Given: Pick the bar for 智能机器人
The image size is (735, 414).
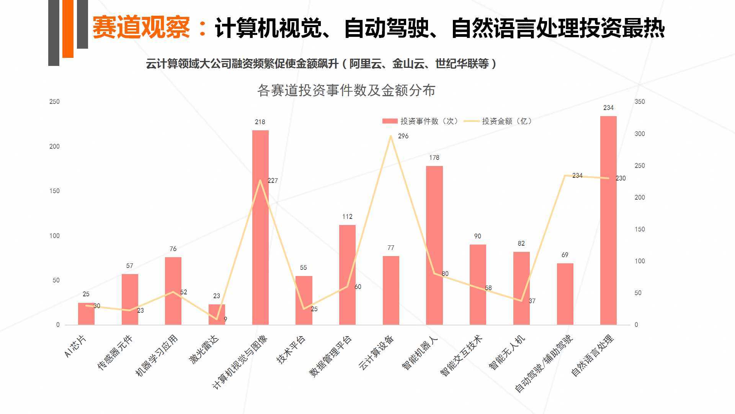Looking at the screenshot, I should tap(434, 245).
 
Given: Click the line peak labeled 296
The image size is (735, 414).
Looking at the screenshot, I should tap(390, 136).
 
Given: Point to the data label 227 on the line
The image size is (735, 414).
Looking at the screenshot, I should tap(273, 181).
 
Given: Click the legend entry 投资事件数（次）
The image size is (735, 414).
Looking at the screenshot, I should tap(420, 121).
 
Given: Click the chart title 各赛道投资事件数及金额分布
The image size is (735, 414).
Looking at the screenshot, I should tap(346, 90).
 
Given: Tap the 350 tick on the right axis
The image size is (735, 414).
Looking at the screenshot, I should tap(640, 102).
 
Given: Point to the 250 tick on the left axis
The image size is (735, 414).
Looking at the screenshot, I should tap(55, 102).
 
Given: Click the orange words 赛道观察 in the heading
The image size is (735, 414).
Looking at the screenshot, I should tap(141, 28).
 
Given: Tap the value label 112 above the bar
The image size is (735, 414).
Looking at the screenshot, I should tap(347, 217).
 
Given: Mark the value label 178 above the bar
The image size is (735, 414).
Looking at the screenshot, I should tap(434, 158).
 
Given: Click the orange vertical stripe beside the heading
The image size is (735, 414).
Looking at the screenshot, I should tap(68, 29).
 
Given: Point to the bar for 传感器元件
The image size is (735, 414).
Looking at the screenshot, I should tap(130, 299).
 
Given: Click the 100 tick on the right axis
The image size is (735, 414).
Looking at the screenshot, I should tap(640, 261).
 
